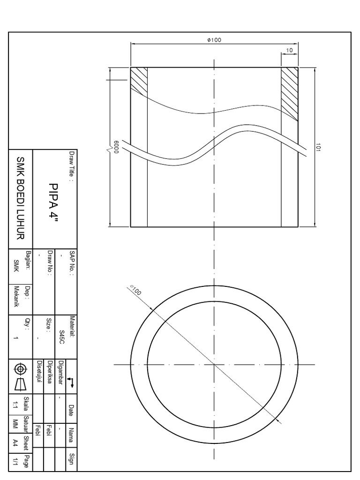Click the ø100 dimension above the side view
(x=214, y=40)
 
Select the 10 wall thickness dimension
(x=289, y=50)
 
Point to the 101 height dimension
(x=317, y=147)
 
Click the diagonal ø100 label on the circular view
(x=135, y=290)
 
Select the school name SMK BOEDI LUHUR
(x=20, y=199)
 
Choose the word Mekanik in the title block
(x=17, y=300)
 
